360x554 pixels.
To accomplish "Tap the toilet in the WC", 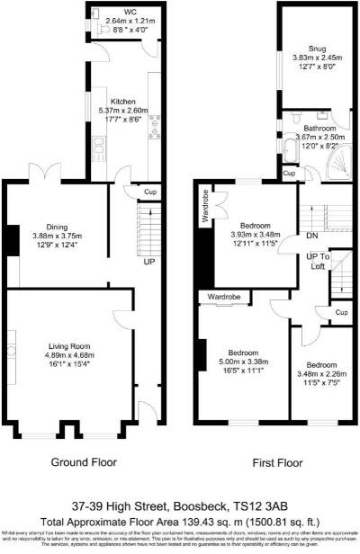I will (x=105, y=27).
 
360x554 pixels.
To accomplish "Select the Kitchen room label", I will (x=122, y=101).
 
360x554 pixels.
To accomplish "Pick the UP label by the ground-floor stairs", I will (x=148, y=261).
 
